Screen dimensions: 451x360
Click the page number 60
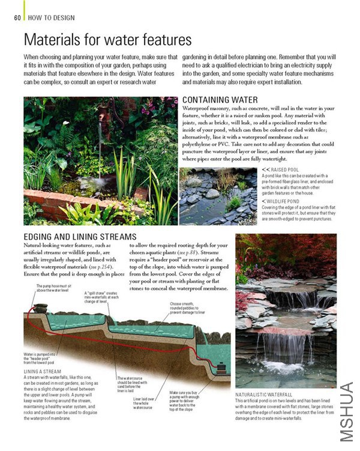(17, 17)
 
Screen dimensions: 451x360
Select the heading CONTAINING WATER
(220, 99)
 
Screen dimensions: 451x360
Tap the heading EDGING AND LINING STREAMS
(80, 237)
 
